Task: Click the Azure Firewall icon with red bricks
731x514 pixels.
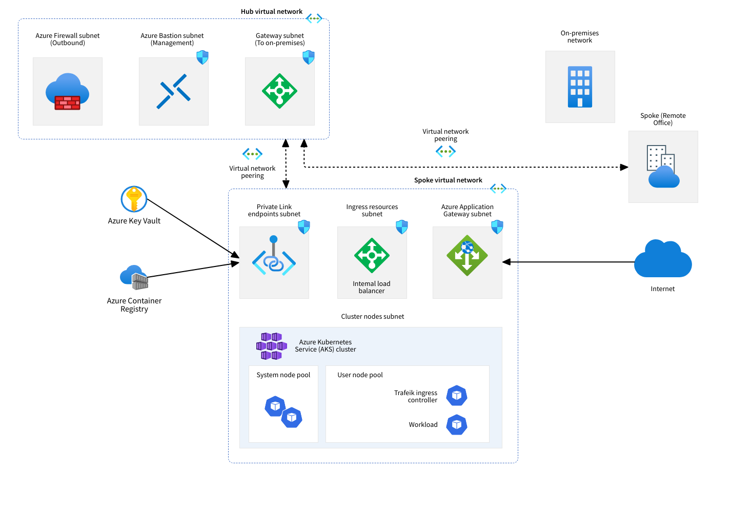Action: coord(67,92)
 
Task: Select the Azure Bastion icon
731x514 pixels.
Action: coord(174,92)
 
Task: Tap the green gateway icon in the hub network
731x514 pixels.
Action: coord(279,91)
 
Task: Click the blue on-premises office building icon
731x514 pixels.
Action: coord(580,87)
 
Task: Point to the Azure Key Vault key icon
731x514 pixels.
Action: coord(134,199)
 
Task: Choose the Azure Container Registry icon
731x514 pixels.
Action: coord(134,277)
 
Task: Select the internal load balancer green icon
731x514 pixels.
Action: coord(372,255)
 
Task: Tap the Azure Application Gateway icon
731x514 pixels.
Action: coord(467,255)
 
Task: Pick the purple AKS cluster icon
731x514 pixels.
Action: coord(271,346)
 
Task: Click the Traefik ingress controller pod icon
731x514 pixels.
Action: coord(456,396)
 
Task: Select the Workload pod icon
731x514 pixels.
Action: coord(456,425)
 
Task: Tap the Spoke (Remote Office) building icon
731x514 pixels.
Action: coord(663,167)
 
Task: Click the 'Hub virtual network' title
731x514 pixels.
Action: coord(272,11)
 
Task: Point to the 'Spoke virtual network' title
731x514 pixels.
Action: coord(448,180)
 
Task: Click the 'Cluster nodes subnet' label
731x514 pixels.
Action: coord(373,316)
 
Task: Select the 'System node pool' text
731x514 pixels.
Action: coord(283,375)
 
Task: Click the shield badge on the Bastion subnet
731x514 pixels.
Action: coord(202,57)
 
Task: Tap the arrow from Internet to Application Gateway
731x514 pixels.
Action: coord(569,262)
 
